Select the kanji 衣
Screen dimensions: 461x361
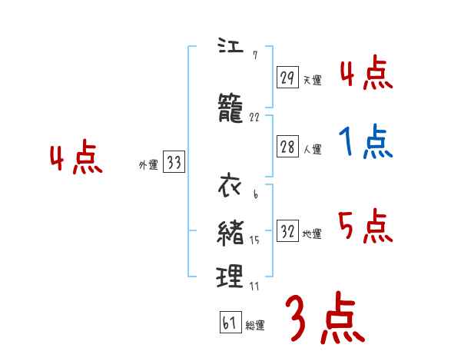230,187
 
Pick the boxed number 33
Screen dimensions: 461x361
174,163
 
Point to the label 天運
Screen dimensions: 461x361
313,80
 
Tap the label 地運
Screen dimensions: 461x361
313,234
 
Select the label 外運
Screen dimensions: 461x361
148,165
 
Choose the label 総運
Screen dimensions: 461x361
255,326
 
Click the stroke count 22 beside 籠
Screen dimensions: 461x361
255,118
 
